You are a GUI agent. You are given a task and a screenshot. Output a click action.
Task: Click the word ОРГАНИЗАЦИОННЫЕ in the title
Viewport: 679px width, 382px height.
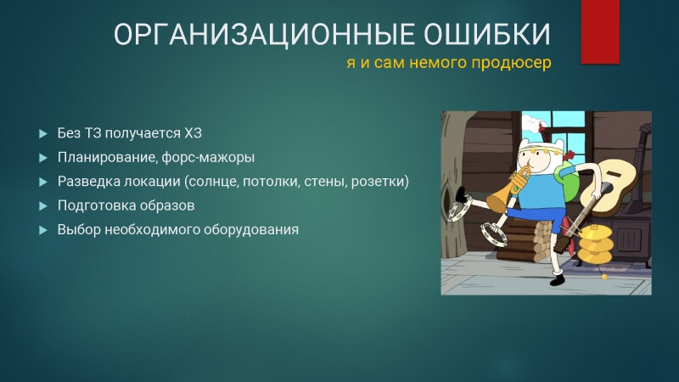266,35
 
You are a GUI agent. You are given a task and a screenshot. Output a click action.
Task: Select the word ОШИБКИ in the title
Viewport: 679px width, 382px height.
487,35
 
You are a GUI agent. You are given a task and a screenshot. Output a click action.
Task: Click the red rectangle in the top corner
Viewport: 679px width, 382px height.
600,31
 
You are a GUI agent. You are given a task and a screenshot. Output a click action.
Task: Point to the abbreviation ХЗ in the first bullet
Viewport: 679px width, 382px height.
194,133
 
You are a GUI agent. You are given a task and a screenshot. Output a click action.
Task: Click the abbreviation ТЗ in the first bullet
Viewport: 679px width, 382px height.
93,133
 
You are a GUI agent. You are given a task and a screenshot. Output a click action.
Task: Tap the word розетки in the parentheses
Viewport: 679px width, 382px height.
378,182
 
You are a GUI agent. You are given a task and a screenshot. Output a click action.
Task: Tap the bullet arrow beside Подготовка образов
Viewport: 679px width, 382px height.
43,205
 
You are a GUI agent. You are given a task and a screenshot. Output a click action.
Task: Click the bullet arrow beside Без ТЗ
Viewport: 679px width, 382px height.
43,133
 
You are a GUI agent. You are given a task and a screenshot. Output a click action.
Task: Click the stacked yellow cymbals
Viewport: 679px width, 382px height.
597,244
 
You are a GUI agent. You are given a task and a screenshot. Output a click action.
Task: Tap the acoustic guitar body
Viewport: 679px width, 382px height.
609,186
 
